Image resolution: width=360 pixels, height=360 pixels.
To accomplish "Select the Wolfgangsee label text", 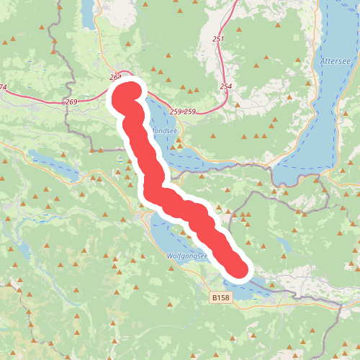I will click(186, 256).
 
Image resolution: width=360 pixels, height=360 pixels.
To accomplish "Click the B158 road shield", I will click(221, 297).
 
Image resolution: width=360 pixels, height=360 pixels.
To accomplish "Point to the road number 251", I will click(219, 38).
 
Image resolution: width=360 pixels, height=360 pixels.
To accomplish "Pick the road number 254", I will click(226, 86).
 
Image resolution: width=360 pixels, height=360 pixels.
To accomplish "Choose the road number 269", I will click(71, 102).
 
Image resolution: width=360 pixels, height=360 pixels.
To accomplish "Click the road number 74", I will click(3, 88).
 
